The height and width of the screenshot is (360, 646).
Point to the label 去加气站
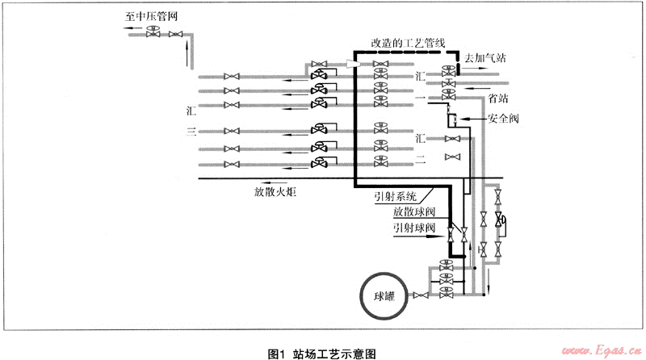click(x=483, y=58)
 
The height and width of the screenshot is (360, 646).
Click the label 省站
click(x=498, y=98)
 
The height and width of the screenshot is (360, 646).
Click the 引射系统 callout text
click(x=395, y=196)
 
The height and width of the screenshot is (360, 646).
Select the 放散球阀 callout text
click(x=415, y=212)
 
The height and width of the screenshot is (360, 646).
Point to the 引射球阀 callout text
click(x=414, y=228)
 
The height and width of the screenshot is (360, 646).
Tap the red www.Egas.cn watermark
click(x=601, y=351)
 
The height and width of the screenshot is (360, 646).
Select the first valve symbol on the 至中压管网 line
click(x=153, y=33)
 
